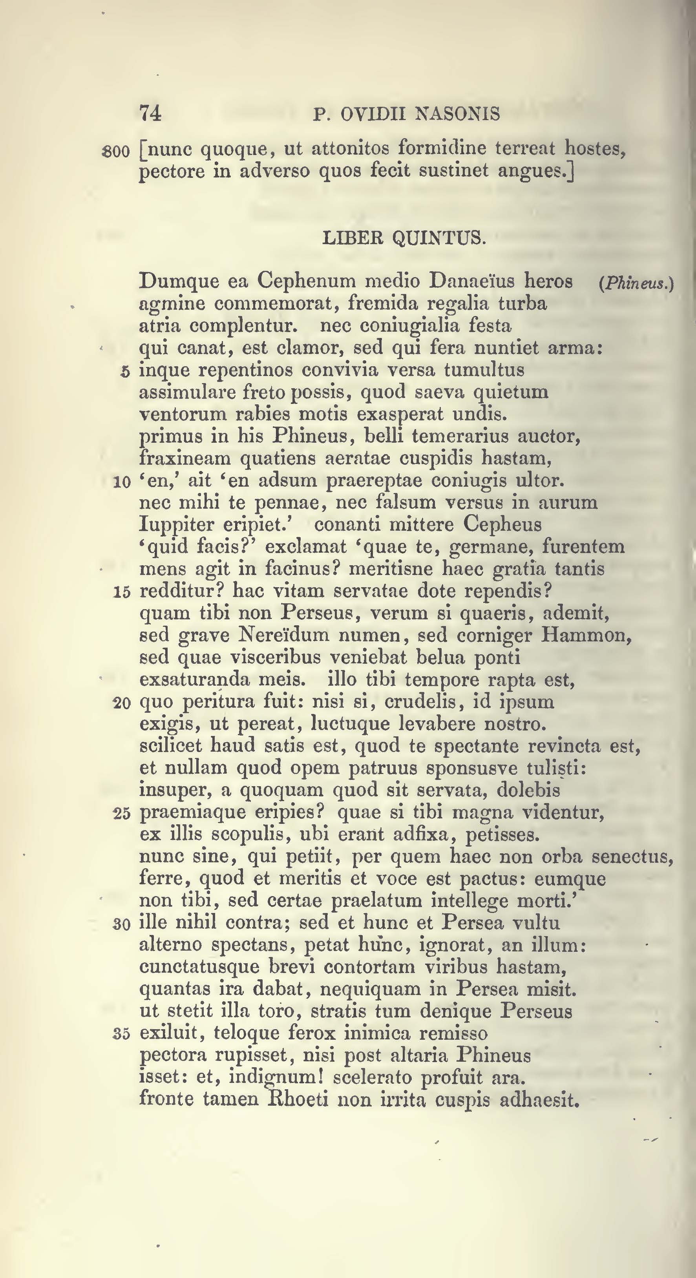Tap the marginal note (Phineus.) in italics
(636, 284)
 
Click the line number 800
(115, 152)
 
